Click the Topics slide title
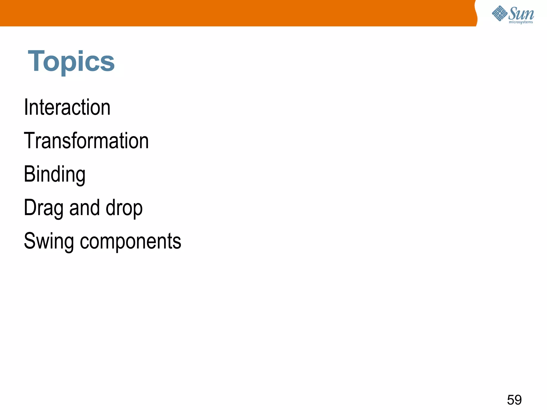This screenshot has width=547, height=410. coord(71,61)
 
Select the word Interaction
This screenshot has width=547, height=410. coord(67,107)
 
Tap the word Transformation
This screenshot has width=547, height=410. coord(86,141)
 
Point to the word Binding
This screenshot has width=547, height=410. coord(54,175)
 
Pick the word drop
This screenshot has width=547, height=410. coord(124,208)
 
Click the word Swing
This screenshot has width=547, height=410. coord(49,241)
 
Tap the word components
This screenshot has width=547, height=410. coord(131,241)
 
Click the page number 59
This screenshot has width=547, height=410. coord(514,400)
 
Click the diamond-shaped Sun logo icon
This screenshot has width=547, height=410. coord(499,13)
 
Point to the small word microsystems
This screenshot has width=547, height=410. coord(521,22)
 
